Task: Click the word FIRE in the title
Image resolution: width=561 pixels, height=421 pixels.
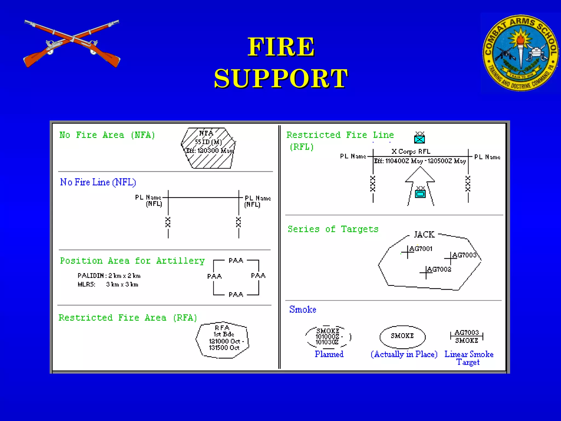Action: (x=281, y=47)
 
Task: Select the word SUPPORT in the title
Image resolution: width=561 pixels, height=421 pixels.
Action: (x=281, y=78)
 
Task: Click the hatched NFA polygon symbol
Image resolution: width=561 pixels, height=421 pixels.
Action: (x=208, y=148)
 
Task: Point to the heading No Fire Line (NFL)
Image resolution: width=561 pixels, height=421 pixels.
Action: (x=98, y=182)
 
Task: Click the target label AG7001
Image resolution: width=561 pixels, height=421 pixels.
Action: (x=421, y=249)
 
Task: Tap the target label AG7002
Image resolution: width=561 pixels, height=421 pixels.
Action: (x=439, y=269)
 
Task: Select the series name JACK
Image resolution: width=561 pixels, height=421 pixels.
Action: (x=424, y=235)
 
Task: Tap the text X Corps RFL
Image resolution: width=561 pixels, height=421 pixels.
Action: (x=411, y=152)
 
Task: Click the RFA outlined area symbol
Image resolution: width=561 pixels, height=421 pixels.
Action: (x=222, y=340)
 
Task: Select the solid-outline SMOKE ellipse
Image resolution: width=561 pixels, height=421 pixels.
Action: (x=402, y=337)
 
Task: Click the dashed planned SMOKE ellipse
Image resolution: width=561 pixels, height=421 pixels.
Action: (x=328, y=337)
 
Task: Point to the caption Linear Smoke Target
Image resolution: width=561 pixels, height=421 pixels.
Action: (x=469, y=358)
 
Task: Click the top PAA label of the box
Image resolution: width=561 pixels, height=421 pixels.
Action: (x=236, y=261)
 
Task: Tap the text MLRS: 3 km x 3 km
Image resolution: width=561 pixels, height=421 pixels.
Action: (x=108, y=285)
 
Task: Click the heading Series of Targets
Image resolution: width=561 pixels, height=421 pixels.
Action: (x=333, y=229)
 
